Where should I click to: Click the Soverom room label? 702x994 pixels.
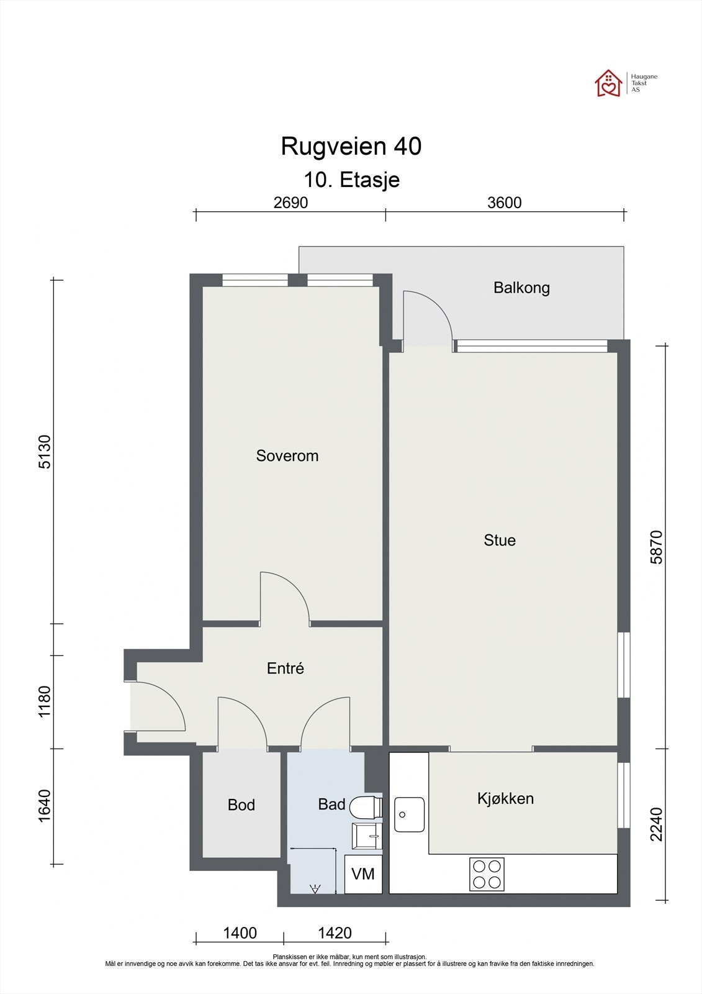(x=287, y=456)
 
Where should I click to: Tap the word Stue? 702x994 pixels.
(x=499, y=540)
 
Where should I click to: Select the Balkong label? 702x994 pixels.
(x=521, y=288)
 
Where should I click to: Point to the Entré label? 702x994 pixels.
(x=285, y=668)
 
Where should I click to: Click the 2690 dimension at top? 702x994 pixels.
(x=290, y=203)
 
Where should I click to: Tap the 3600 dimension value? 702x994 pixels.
(x=504, y=203)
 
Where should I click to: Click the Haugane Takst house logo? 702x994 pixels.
(x=608, y=83)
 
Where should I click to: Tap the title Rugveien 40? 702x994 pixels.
(x=351, y=146)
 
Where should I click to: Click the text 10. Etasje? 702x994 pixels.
(x=352, y=180)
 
